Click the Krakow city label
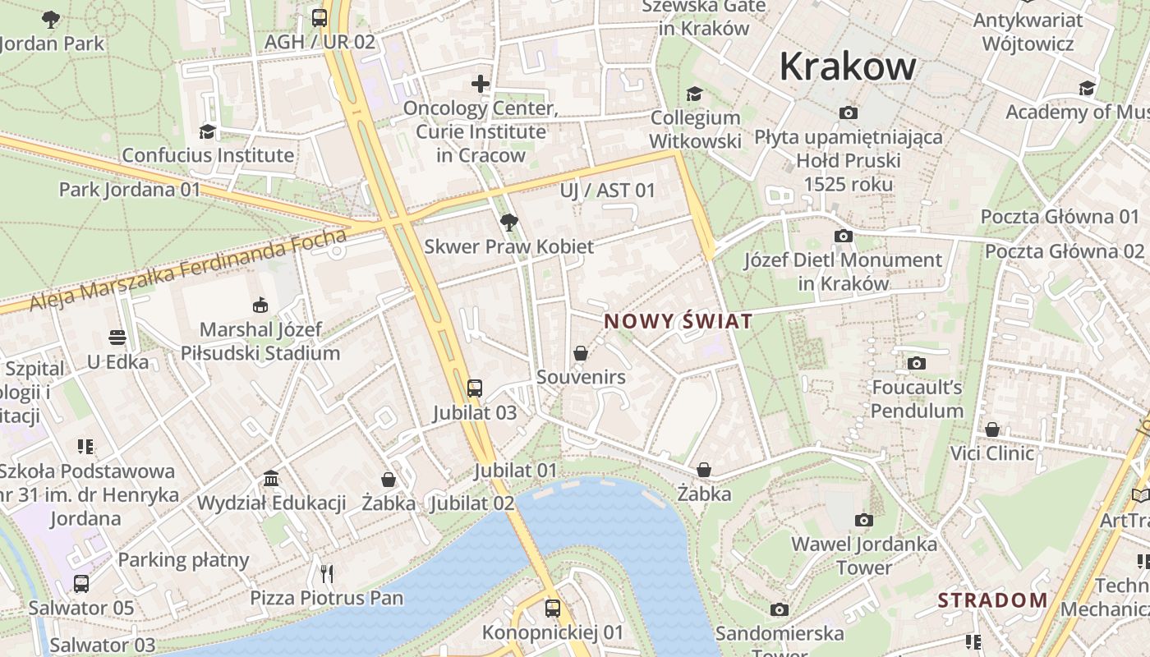pyautogui.click(x=847, y=67)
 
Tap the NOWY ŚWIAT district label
pyautogui.click(x=678, y=321)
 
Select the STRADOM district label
pyautogui.click(x=992, y=600)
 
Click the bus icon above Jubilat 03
pyautogui.click(x=474, y=388)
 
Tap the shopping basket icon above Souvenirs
pyautogui.click(x=581, y=353)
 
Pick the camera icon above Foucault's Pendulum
pyautogui.click(x=917, y=363)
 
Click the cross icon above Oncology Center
pyautogui.click(x=481, y=84)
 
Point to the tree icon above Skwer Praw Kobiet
pyautogui.click(x=508, y=222)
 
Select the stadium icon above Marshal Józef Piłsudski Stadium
pyautogui.click(x=260, y=306)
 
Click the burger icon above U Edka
pyautogui.click(x=117, y=338)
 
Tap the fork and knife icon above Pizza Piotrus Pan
pyautogui.click(x=327, y=572)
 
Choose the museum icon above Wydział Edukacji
pyautogui.click(x=271, y=479)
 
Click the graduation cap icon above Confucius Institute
pyautogui.click(x=208, y=131)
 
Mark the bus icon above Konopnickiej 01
pyautogui.click(x=553, y=609)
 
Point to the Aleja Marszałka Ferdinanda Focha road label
pyautogui.click(x=188, y=269)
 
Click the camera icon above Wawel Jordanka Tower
pyautogui.click(x=863, y=520)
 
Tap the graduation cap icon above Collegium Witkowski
pyautogui.click(x=694, y=94)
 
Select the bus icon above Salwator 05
pyautogui.click(x=80, y=584)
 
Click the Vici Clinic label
pyautogui.click(x=992, y=453)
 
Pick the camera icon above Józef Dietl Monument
pyautogui.click(x=843, y=237)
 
